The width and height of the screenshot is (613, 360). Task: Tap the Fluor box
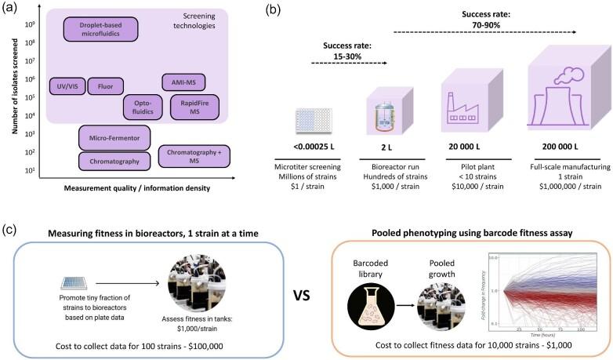pyautogui.click(x=105, y=85)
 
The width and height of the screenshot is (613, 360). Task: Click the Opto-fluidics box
pyautogui.click(x=142, y=107)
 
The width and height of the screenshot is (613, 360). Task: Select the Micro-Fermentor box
pyautogui.click(x=114, y=137)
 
